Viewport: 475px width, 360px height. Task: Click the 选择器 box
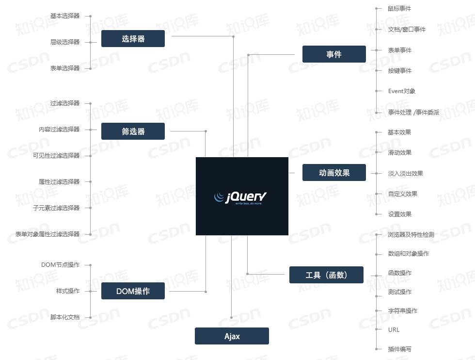133,39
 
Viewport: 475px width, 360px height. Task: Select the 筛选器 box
133,131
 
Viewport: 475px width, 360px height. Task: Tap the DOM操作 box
133,291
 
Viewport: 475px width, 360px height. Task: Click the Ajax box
232,336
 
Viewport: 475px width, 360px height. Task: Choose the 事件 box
334,54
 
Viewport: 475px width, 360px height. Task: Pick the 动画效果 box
334,173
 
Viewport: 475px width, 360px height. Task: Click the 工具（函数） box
326,275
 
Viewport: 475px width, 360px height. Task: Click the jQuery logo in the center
242,196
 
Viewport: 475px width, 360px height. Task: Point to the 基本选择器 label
65,16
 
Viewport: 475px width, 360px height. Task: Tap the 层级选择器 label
65,42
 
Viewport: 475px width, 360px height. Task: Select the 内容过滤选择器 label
59,130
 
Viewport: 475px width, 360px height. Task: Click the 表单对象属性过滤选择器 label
47,234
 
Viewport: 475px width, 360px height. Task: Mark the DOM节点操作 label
61,265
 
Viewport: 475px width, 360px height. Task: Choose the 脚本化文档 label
65,317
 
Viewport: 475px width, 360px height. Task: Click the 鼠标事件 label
400,9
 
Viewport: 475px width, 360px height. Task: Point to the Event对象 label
402,91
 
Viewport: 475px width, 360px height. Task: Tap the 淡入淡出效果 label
406,174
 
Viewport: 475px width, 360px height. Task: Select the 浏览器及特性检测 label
411,235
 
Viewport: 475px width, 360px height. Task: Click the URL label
394,330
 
